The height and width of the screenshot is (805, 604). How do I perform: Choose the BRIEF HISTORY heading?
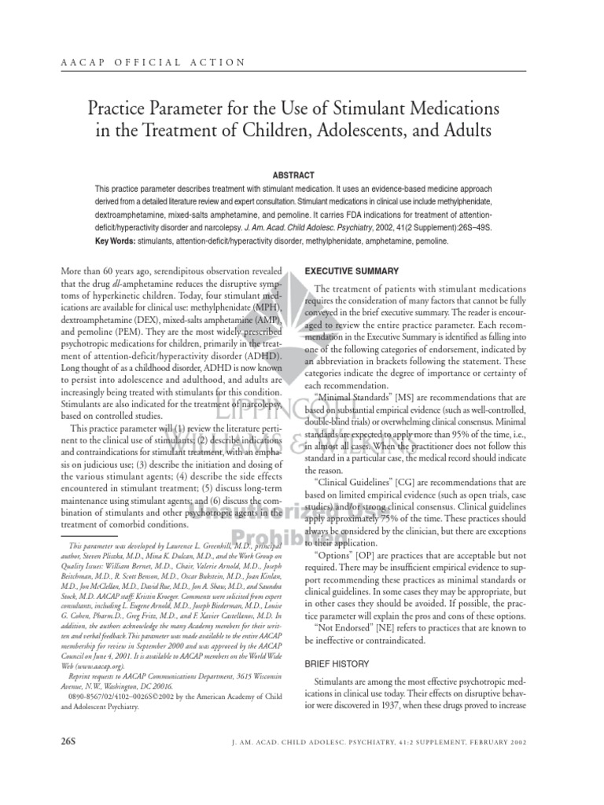pos(337,664)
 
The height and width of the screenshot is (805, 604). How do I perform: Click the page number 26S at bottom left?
pos(73,741)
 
